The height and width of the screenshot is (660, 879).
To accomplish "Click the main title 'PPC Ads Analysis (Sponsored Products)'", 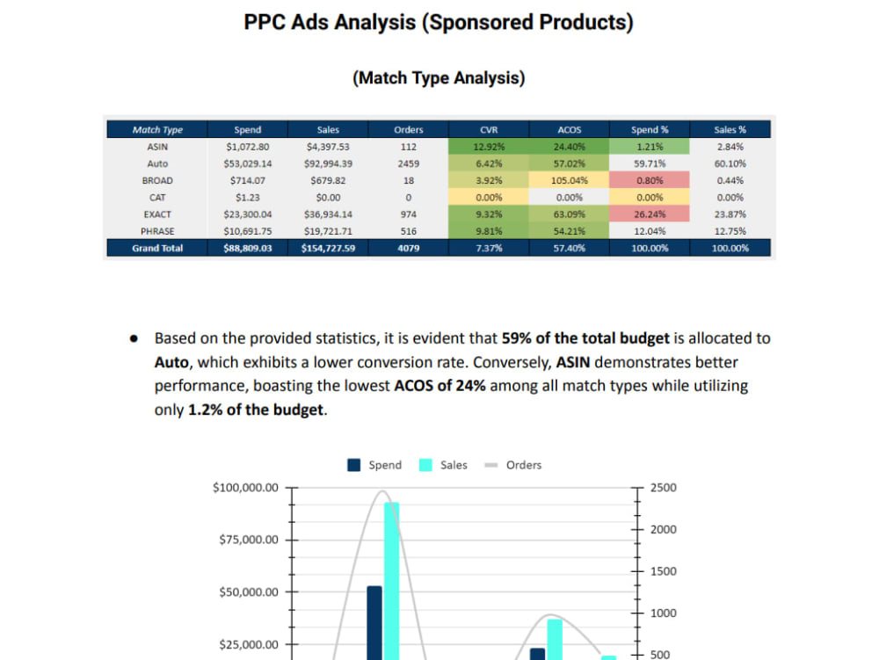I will tap(439, 22).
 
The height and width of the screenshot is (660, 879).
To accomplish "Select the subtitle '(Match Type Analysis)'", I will tap(439, 78).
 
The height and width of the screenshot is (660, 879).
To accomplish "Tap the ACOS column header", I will tap(569, 130).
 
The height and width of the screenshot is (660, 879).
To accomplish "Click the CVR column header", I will tap(489, 130).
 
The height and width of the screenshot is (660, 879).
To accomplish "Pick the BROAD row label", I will tap(157, 181).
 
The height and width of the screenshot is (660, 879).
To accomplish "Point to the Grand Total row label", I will tap(157, 249).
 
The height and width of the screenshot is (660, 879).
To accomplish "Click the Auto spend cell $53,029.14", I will tap(248, 164).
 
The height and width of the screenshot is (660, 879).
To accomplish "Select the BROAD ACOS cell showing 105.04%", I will tap(569, 181).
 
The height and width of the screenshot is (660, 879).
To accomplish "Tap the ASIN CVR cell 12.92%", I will tap(489, 147).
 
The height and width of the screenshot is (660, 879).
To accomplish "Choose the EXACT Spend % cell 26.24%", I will tap(650, 214).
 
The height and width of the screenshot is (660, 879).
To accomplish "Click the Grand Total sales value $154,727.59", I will tap(328, 249).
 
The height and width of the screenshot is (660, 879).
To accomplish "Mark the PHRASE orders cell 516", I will tap(409, 232).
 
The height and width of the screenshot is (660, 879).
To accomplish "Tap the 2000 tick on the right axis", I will tap(664, 529).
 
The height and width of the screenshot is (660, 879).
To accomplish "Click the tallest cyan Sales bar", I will tap(391, 580).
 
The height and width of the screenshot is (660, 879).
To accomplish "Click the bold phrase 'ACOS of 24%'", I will tap(439, 386).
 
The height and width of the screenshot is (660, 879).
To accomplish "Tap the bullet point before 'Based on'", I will tap(134, 338).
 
